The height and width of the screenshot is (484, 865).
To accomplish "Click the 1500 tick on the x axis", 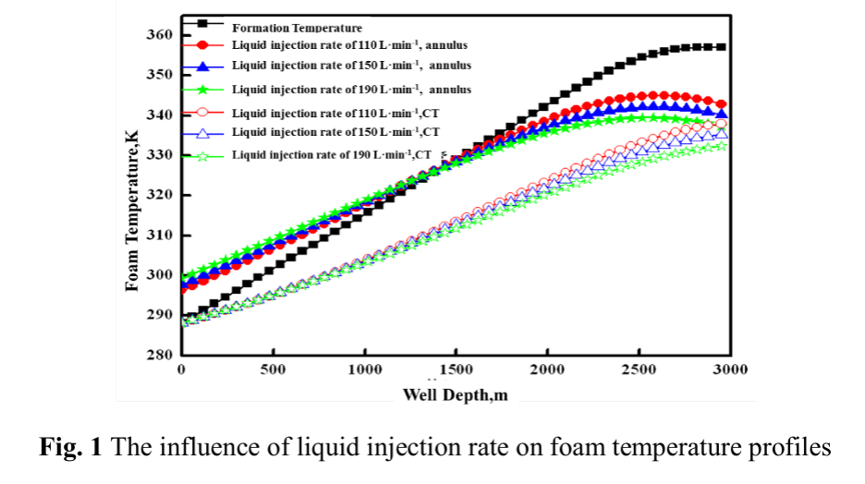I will (456, 369).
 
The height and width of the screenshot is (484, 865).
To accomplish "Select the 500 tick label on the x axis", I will (273, 369).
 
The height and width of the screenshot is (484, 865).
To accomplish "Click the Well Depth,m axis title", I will (455, 394).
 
